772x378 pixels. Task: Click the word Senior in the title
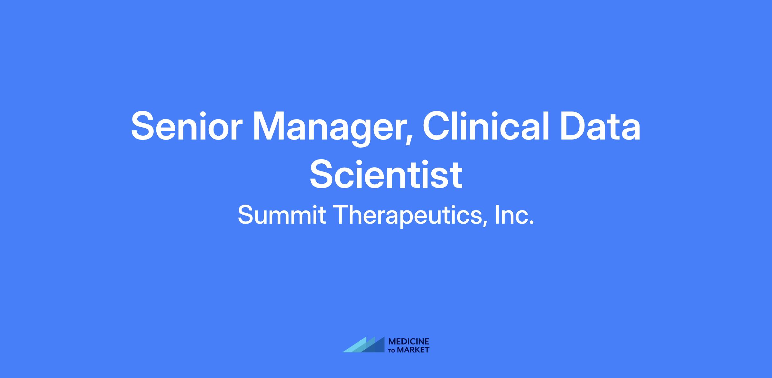pyautogui.click(x=186, y=126)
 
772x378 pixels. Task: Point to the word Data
pyautogui.click(x=600, y=126)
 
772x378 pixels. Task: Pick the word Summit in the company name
pyautogui.click(x=282, y=215)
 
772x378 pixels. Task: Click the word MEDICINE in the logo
pyautogui.click(x=409, y=342)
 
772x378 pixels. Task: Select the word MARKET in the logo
pyautogui.click(x=413, y=350)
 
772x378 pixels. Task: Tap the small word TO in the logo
pyautogui.click(x=392, y=350)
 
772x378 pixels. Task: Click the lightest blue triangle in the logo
pyautogui.click(x=355, y=347)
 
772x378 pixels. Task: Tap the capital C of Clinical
pyautogui.click(x=437, y=126)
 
